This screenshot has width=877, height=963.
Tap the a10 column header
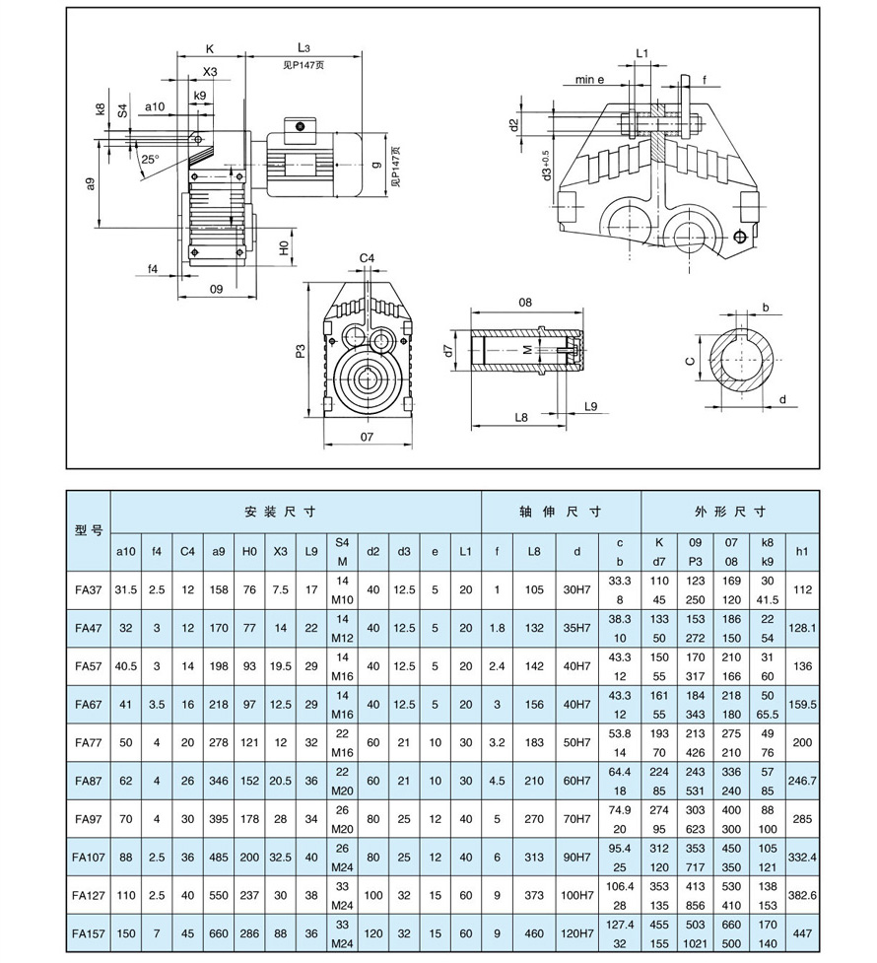[126, 551]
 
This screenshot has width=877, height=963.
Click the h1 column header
[802, 551]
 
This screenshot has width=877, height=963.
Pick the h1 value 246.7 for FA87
[802, 780]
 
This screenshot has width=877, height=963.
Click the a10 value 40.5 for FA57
[126, 666]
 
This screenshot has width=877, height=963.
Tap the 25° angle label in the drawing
[150, 159]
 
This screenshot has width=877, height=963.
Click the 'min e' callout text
[589, 79]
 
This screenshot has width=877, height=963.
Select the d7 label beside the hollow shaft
[448, 350]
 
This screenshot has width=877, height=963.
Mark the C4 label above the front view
[367, 258]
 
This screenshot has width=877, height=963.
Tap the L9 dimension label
[591, 406]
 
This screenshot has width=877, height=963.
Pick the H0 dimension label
[282, 246]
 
